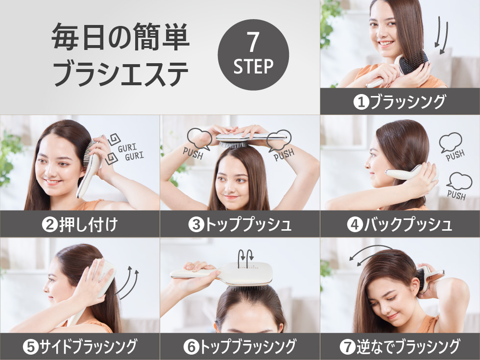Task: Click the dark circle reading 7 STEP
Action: tap(253, 54)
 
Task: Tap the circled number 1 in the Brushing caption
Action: tap(361, 102)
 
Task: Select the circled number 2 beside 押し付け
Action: tap(49, 225)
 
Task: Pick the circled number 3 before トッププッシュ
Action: tap(196, 225)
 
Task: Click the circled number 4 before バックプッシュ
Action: tap(355, 225)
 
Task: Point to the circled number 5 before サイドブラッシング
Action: tap(30, 347)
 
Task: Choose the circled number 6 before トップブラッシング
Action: tap(191, 347)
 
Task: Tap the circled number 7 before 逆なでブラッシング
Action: tap(348, 347)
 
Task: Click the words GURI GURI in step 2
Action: tap(131, 152)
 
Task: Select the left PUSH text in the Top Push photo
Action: tap(193, 153)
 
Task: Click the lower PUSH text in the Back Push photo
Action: tap(456, 195)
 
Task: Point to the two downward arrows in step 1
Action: tap(441, 35)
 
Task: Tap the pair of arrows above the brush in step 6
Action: tap(246, 259)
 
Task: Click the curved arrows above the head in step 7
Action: tap(370, 254)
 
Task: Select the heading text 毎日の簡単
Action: tap(120, 36)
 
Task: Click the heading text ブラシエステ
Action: tap(120, 73)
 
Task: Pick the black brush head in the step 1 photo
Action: tap(414, 63)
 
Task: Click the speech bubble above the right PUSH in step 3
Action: tap(279, 140)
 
